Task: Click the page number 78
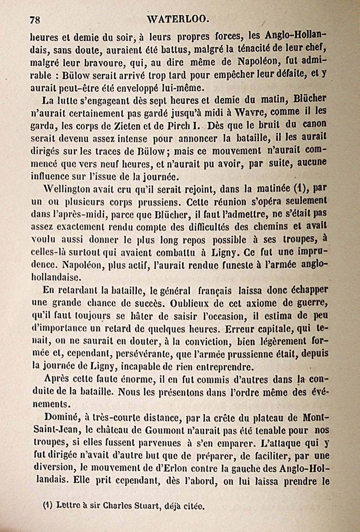coord(35,20)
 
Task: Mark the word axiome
coord(261,304)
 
